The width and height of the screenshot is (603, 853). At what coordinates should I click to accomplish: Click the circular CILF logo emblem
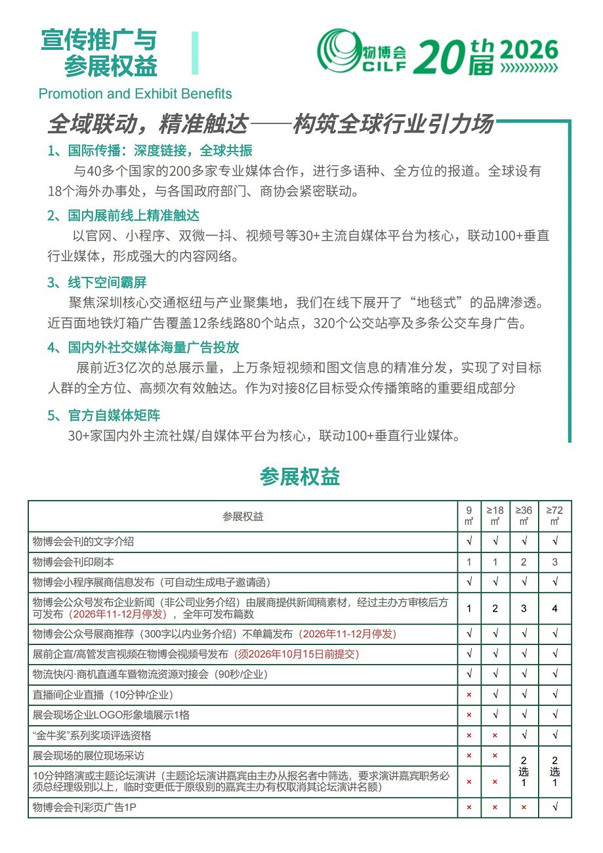point(340,51)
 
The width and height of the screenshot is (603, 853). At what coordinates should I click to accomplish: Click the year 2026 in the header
point(529,50)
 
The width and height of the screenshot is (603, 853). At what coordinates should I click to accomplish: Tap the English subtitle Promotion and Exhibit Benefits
point(135,94)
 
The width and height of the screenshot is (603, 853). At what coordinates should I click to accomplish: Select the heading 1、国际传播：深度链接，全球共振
point(150,150)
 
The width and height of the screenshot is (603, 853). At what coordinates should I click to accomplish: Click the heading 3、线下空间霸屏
point(97,283)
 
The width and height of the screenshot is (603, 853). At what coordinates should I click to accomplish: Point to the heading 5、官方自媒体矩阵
point(104,416)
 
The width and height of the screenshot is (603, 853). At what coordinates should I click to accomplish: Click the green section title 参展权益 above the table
point(300,477)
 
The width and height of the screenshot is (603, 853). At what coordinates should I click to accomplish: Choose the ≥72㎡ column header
point(554,516)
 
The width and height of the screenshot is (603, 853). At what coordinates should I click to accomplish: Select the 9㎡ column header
point(468,516)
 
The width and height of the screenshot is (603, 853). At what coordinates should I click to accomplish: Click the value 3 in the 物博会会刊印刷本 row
point(554,562)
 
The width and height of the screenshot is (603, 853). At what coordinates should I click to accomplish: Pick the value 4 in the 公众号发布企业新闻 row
point(554,608)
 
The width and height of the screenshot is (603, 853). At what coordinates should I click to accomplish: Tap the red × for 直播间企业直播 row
point(468,694)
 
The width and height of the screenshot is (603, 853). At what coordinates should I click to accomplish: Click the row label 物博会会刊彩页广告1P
point(84,807)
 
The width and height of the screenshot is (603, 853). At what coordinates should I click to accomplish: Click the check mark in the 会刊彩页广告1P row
point(554,807)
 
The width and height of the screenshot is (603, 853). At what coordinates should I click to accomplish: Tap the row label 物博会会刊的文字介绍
point(83,542)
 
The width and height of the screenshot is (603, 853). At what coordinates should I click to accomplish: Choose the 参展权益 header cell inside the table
point(243,516)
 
